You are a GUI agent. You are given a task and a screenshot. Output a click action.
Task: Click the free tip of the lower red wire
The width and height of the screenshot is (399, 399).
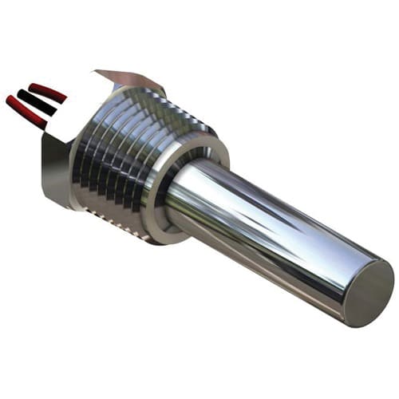[10, 101]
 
